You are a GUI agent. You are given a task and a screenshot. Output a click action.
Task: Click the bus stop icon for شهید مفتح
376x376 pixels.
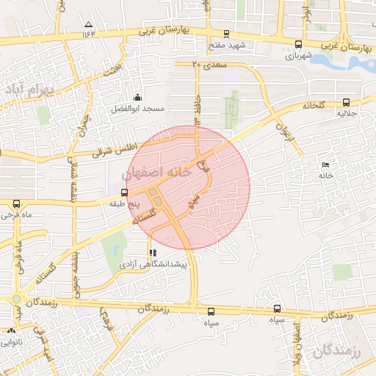226,34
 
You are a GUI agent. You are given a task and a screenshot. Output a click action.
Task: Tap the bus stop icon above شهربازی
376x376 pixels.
297,43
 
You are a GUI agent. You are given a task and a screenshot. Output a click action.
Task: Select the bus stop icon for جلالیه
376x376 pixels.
345,103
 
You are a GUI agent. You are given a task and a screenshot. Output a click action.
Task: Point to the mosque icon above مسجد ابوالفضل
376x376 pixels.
137,98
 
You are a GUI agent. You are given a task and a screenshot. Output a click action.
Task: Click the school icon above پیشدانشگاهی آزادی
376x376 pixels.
153,253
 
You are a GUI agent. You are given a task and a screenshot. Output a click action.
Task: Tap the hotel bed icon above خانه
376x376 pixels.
325,164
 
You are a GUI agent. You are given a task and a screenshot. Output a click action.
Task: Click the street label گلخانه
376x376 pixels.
313,106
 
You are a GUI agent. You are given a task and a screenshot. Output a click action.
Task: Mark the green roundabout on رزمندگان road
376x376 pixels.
16,299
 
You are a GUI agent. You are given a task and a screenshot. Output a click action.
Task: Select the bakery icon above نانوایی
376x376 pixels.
11,332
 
